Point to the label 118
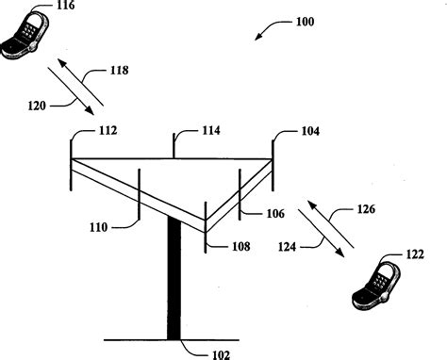tap(119, 70)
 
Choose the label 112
tap(106, 132)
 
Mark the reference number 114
tap(209, 132)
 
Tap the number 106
tap(274, 214)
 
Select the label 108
tap(242, 247)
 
